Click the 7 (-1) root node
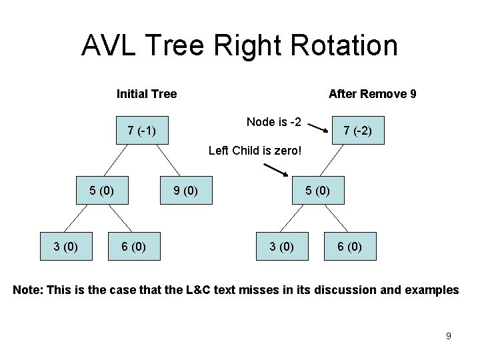[x=141, y=131]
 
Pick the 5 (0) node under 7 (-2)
[x=317, y=191]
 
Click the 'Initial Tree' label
[x=147, y=94]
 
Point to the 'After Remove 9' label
[x=373, y=94]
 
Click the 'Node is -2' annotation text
[x=274, y=121]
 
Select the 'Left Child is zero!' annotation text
[x=255, y=151]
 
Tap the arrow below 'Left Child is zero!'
[x=273, y=170]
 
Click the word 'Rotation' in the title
[x=343, y=45]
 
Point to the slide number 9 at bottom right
[x=448, y=336]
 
